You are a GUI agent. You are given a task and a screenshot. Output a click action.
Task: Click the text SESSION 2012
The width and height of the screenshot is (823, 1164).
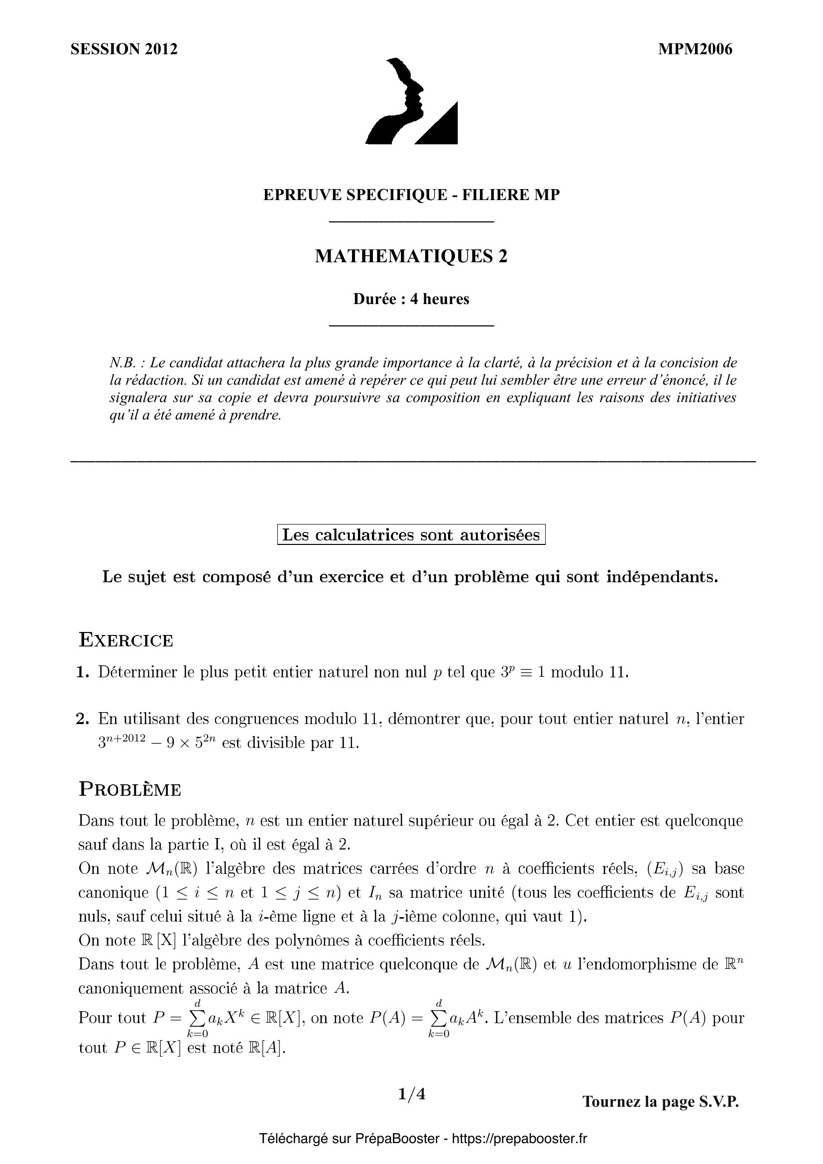[124, 49]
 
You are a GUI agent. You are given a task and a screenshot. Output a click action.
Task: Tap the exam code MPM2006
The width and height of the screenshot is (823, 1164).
[695, 49]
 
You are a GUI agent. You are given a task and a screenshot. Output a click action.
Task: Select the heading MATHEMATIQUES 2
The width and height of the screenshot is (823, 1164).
[411, 256]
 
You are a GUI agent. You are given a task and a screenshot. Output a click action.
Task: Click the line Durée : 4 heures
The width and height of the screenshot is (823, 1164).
[411, 299]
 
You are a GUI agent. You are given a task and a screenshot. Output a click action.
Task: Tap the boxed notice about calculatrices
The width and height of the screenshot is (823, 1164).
[411, 535]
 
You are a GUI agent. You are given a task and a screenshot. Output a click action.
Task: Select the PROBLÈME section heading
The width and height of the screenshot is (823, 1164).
[130, 790]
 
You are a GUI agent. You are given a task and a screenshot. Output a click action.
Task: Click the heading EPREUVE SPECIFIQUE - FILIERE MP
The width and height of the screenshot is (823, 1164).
[411, 195]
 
